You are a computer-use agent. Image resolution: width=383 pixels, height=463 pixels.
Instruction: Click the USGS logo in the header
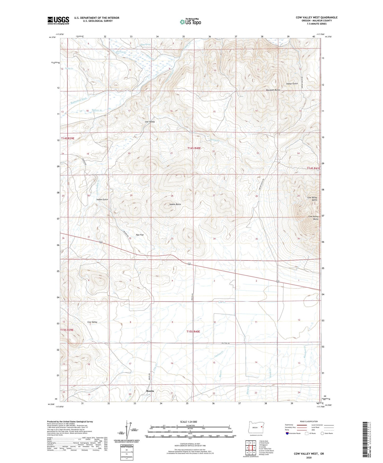pyautogui.click(x=58, y=20)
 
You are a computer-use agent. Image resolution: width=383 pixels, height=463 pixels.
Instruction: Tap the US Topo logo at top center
pyautogui.click(x=190, y=22)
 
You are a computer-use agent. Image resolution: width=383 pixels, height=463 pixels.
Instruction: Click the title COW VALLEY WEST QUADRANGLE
pyautogui.click(x=316, y=18)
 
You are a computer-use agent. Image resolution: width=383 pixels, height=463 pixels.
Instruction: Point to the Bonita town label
pyautogui.click(x=150, y=391)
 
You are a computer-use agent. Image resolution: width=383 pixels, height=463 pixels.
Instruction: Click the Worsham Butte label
pyautogui.click(x=273, y=90)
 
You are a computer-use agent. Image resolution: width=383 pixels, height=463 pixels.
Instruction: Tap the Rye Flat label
pyautogui.click(x=140, y=235)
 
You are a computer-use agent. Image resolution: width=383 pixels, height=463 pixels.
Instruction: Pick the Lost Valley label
pyautogui.click(x=150, y=122)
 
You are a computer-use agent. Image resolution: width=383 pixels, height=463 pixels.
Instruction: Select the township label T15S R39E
pyautogui.click(x=67, y=330)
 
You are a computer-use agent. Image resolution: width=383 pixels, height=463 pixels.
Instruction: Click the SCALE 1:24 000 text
pyautogui.click(x=188, y=422)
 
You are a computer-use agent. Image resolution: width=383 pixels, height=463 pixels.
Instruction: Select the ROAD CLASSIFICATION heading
pyautogui.click(x=309, y=421)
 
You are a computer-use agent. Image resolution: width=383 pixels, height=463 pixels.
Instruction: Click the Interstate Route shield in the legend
pyautogui.click(x=287, y=433)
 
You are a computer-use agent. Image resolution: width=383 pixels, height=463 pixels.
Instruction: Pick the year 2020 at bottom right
pyautogui.click(x=309, y=457)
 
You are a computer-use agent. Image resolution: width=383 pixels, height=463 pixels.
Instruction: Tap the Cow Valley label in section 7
pyautogui.click(x=92, y=322)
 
